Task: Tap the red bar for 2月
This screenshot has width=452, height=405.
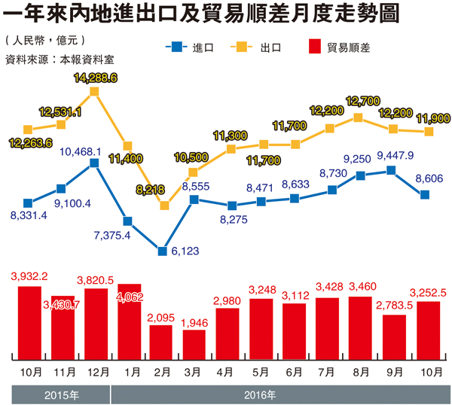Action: [x=161, y=340]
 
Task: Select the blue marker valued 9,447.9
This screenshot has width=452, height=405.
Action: [x=391, y=171]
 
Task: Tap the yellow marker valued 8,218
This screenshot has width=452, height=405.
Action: [x=163, y=205]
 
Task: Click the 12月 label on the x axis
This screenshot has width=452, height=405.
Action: [x=96, y=370]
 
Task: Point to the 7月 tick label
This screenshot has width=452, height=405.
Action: [x=327, y=370]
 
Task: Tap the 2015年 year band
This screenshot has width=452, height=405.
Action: [x=60, y=393]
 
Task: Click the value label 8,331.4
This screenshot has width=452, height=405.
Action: [x=29, y=216]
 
